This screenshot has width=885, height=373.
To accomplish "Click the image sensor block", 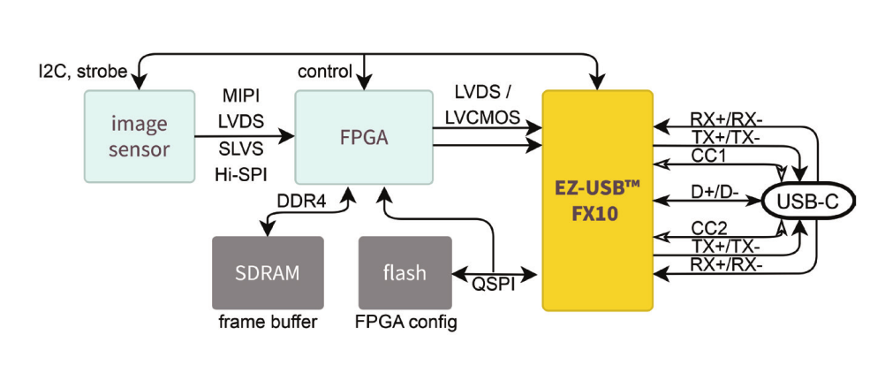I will point(138,137).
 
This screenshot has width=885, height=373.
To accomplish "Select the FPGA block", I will point(364,137).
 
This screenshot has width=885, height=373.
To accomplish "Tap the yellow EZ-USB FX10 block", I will point(597,200).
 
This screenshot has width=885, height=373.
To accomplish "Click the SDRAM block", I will point(267,272).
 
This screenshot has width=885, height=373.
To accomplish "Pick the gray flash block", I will point(405,272).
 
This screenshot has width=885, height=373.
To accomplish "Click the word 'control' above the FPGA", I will point(325,71).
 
